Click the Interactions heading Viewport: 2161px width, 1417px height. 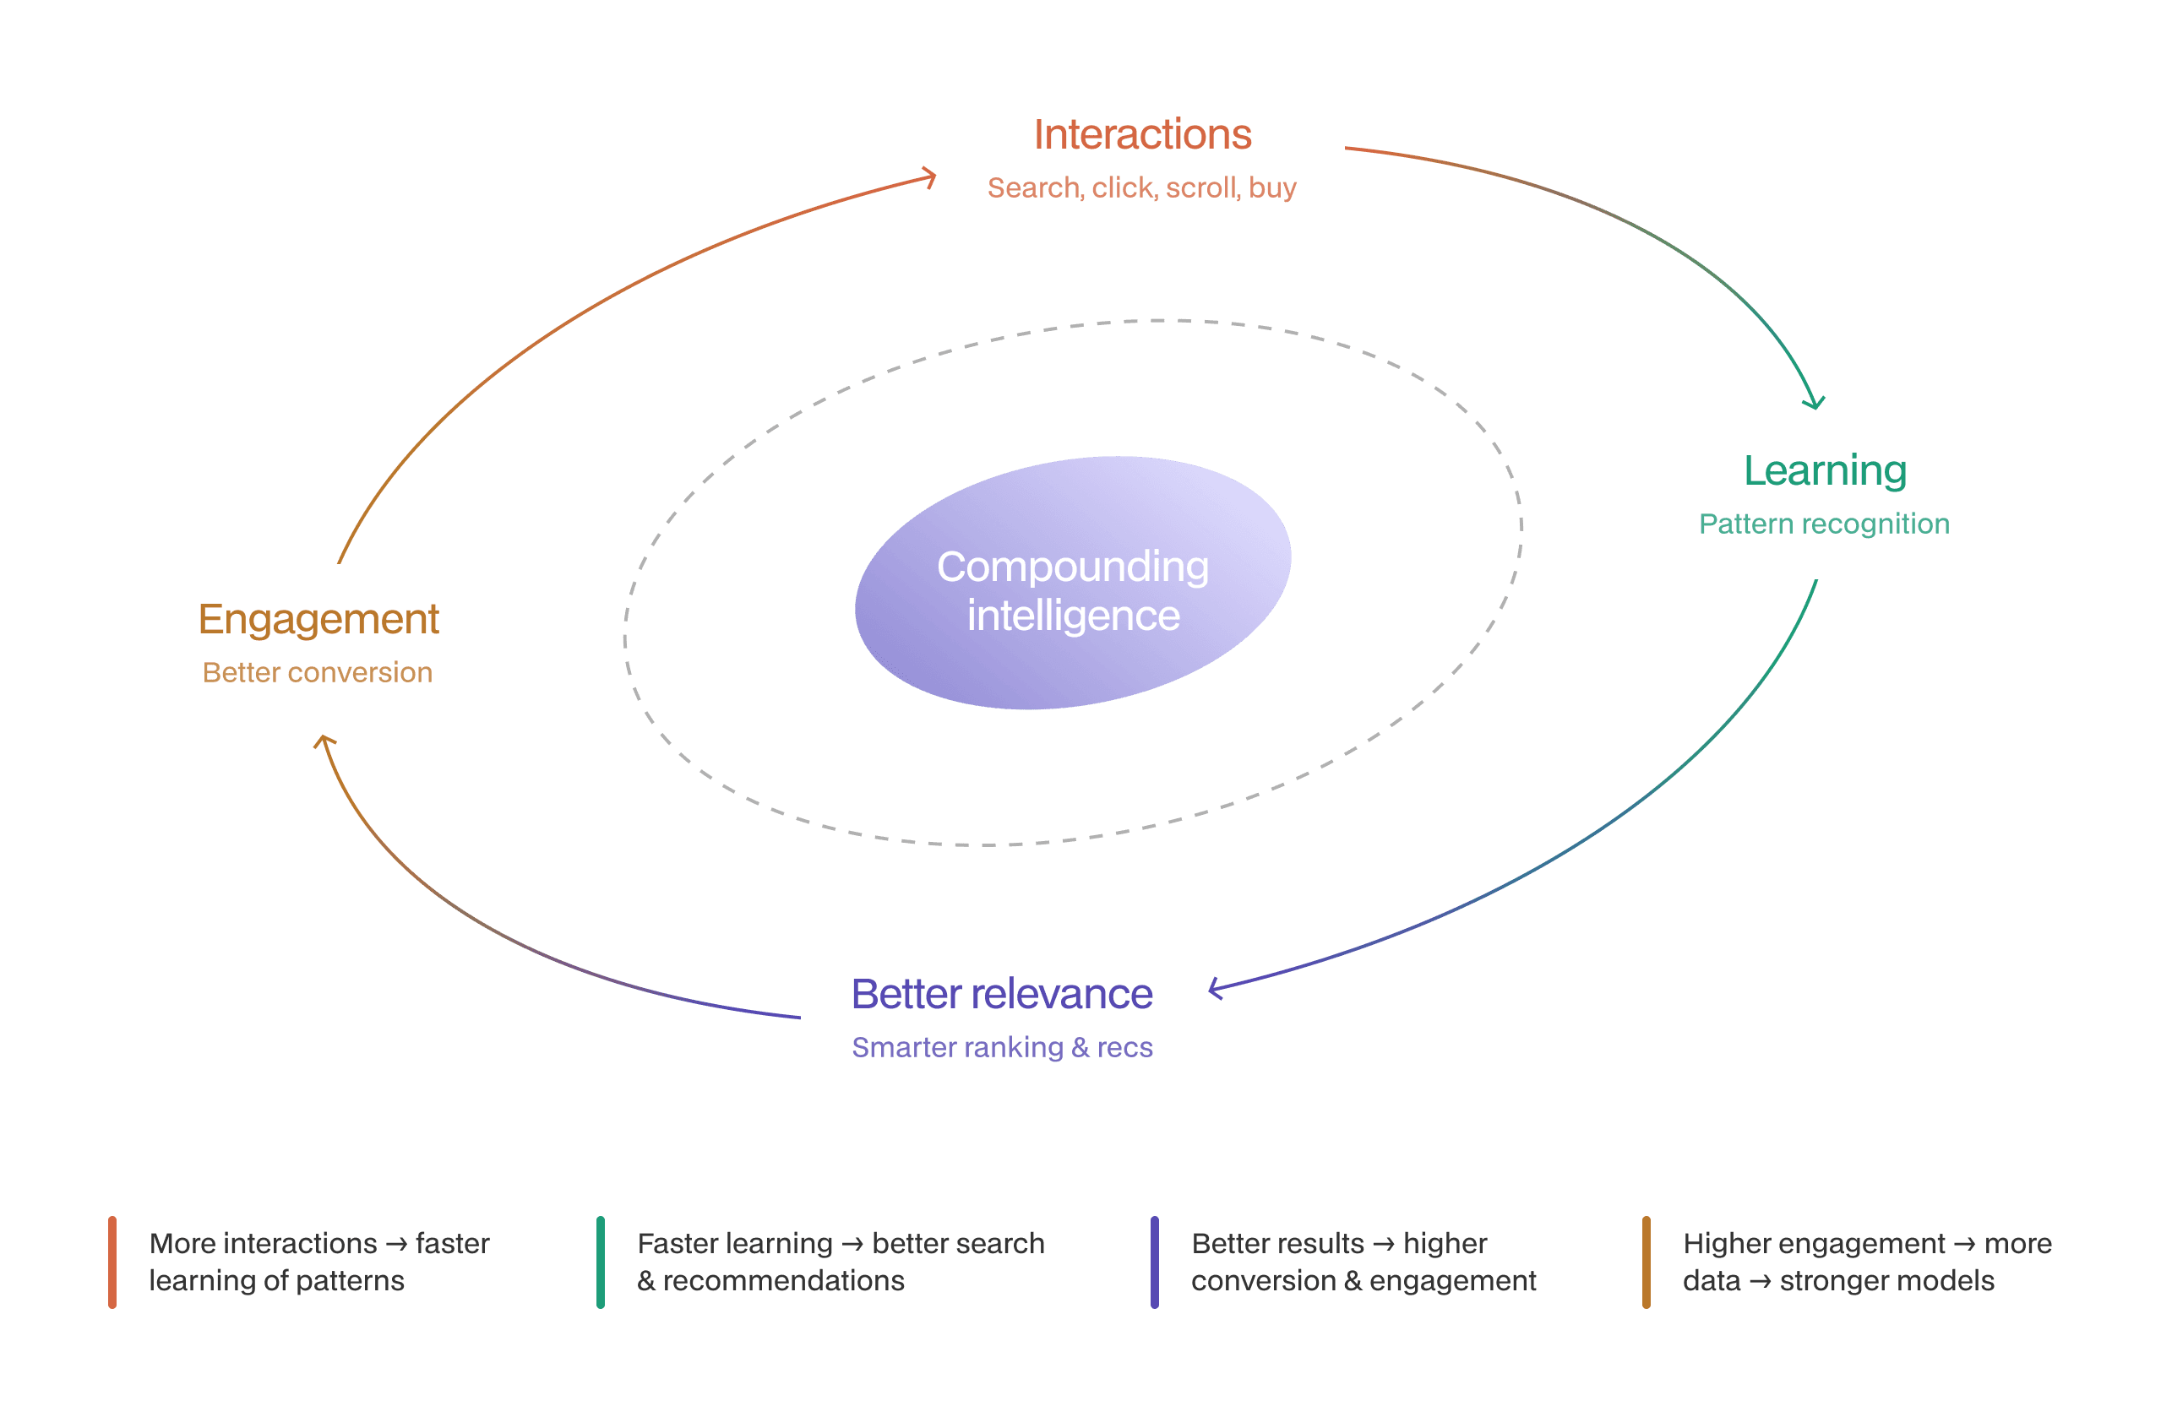pos(1142,134)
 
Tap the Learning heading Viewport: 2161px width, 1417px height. pos(1825,471)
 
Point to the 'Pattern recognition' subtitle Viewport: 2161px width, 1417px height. pos(1824,524)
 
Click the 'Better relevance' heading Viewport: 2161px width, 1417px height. pos(1001,994)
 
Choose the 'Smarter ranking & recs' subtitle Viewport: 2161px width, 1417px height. pos(1001,1046)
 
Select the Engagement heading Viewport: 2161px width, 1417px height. pos(318,620)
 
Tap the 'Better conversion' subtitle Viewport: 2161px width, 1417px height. pos(317,673)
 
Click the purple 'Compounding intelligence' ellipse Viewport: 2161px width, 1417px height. pos(1073,583)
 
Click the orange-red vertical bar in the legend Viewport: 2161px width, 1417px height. pos(112,1262)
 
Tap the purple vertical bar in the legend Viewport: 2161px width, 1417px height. pos(1154,1262)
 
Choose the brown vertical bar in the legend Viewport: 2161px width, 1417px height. pos(1646,1262)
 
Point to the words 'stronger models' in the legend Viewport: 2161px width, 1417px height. pos(1886,1281)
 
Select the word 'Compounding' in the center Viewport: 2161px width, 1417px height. pos(1072,567)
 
